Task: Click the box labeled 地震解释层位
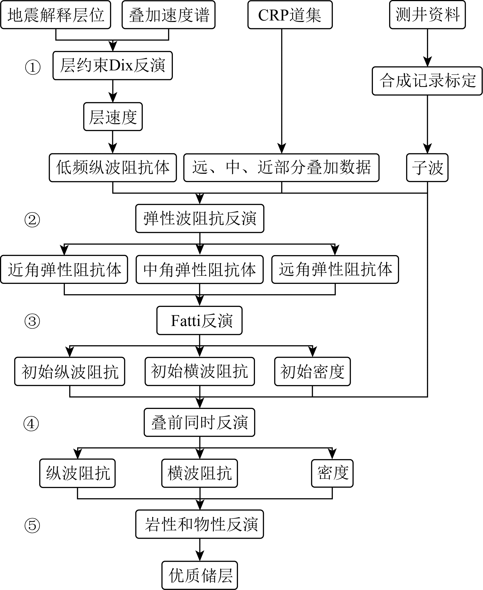[x=56, y=15]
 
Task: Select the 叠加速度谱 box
[x=169, y=15]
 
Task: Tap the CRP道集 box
[x=290, y=15]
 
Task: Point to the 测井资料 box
[x=427, y=15]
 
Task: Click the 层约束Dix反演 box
[x=113, y=66]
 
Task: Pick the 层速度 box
[x=113, y=117]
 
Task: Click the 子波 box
[x=427, y=168]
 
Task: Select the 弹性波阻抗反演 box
[x=200, y=218]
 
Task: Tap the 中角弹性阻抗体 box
[x=200, y=270]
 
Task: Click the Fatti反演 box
[x=200, y=321]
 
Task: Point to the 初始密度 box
[x=312, y=372]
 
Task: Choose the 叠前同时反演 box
[x=200, y=423]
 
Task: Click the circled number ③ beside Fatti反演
[x=32, y=322]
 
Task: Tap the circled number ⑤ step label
[x=32, y=526]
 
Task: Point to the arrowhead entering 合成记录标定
[x=427, y=62]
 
